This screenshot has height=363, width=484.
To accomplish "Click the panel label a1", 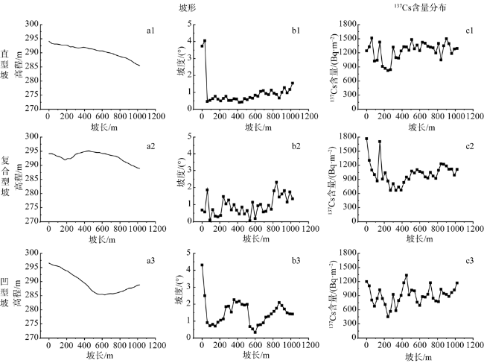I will coord(150,31).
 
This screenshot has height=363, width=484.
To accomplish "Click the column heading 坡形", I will coord(249,7).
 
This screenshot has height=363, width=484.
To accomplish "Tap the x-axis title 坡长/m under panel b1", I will coord(249,127).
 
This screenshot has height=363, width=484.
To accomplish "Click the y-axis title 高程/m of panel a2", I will coord(19,179).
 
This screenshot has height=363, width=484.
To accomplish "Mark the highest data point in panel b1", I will coord(205,41).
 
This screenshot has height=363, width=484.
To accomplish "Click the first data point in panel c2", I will coord(366,139).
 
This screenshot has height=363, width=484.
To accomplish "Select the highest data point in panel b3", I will coord(202,265).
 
